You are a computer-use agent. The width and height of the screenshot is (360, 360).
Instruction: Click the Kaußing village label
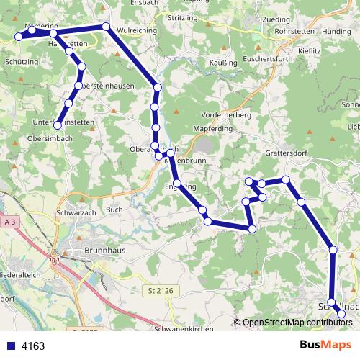[x=222, y=63]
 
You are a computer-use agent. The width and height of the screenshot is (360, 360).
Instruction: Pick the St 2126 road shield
[x=155, y=289]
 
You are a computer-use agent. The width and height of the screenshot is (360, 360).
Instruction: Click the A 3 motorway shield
[x=9, y=223]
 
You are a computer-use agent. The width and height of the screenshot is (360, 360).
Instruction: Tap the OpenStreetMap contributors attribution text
[x=296, y=323]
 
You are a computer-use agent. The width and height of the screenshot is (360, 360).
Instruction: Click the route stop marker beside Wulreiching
[x=106, y=27]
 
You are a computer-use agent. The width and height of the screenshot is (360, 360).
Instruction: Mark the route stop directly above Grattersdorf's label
[x=286, y=179]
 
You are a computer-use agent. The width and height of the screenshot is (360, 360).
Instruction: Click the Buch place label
[x=114, y=210]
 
